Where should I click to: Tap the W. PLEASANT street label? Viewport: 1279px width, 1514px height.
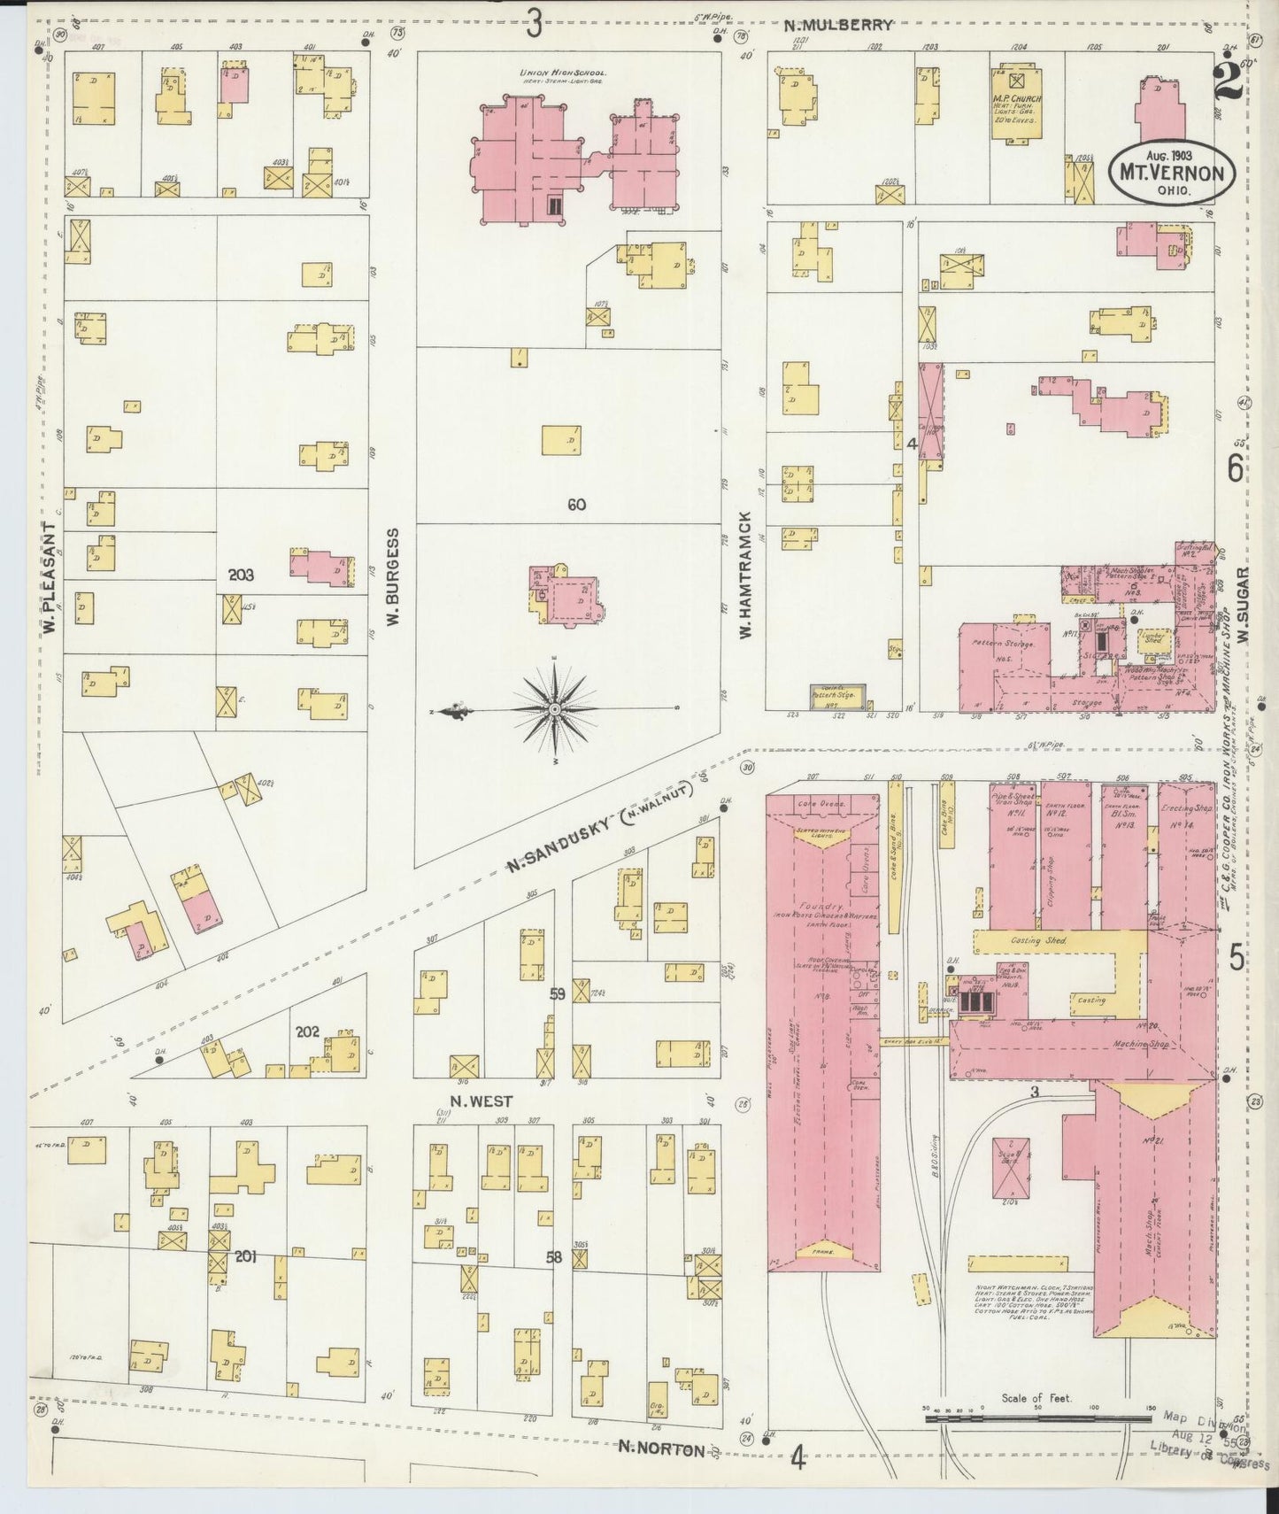point(50,576)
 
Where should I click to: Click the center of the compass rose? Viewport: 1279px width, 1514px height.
point(554,710)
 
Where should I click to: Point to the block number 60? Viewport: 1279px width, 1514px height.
point(576,505)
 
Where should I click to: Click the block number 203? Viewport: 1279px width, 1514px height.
point(241,575)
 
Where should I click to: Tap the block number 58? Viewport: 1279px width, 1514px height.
point(554,1255)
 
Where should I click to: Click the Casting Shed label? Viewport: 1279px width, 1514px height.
point(1042,940)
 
